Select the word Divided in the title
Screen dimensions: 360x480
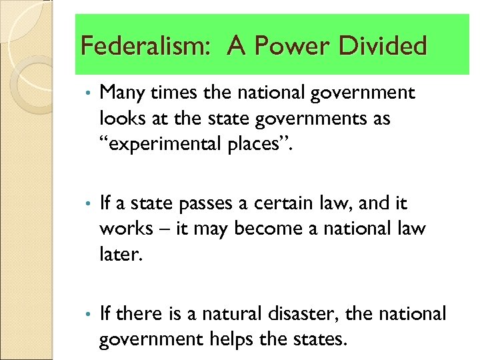383,46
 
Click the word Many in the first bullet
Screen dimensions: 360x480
121,93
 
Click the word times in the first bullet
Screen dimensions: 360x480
173,93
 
